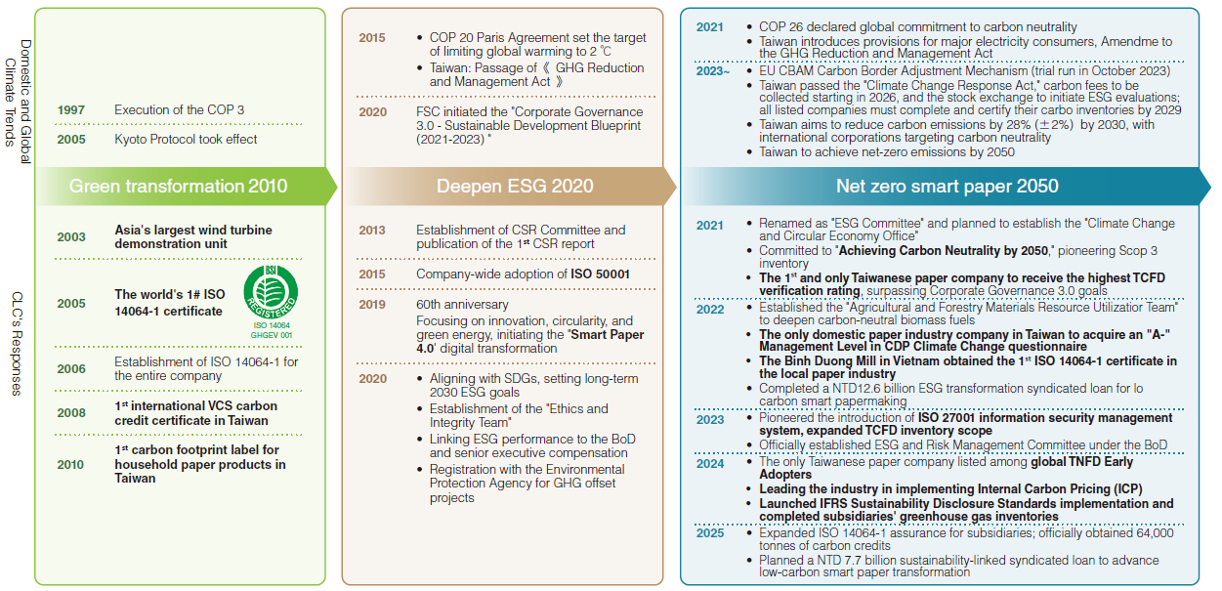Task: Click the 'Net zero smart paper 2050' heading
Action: pos(947,186)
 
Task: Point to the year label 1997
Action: pos(70,110)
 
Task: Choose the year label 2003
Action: pos(70,236)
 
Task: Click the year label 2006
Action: pos(70,369)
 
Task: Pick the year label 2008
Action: pos(70,413)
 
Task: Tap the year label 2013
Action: pos(372,231)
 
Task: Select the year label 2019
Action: pos(372,305)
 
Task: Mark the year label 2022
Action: pos(710,310)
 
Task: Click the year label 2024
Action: pos(710,464)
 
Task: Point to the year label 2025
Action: pos(710,533)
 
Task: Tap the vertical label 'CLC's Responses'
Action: pos(18,342)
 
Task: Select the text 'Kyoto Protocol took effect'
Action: pos(186,140)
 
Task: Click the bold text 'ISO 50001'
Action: pos(600,274)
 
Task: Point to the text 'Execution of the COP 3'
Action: pos(179,110)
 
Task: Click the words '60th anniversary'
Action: pos(462,305)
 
